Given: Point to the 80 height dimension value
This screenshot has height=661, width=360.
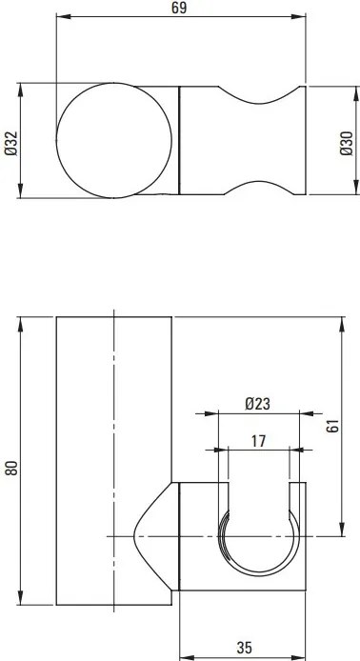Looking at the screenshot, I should point(10,468).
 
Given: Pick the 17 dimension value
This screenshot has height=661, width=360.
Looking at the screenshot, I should point(257,440).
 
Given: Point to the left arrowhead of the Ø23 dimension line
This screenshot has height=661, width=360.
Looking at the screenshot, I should point(221,414).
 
